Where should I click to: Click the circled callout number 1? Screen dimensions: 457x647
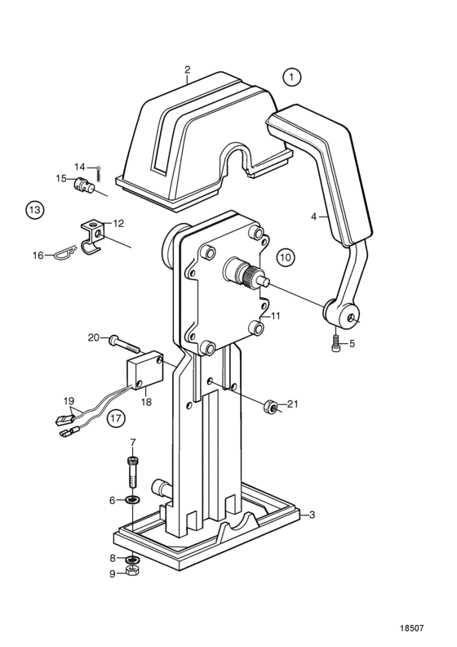(292, 77)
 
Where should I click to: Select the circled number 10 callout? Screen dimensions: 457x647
(286, 258)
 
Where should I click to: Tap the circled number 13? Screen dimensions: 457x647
(34, 210)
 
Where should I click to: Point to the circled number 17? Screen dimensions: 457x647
(116, 419)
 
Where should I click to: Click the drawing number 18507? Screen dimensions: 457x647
(411, 628)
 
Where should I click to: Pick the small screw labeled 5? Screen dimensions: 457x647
(335, 344)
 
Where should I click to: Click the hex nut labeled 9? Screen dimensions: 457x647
(133, 571)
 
